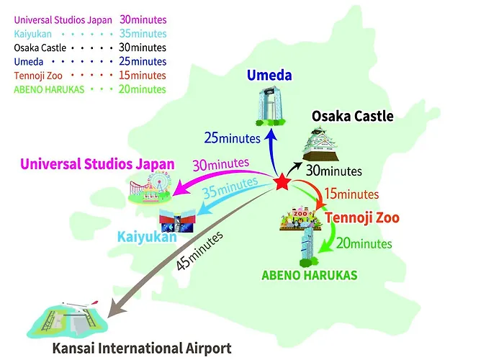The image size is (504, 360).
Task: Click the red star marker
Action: coord(282,182)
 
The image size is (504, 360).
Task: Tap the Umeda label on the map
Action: coord(269,75)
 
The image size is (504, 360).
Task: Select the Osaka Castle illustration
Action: coord(320,144)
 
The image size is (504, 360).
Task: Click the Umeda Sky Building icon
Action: coord(271,106)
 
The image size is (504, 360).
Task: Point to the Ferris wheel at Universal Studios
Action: coord(159,181)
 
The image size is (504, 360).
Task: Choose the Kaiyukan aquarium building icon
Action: coord(177,221)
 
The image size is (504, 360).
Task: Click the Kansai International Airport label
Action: coord(142,348)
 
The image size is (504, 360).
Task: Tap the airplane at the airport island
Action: coord(81,305)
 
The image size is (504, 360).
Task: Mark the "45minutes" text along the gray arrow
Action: coord(199,251)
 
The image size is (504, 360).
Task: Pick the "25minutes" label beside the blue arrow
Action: coord(232,138)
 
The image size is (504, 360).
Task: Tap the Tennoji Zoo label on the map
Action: coord(362,217)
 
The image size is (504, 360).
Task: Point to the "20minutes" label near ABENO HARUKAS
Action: coord(364,243)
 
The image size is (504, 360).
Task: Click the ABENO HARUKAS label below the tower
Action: coord(310,276)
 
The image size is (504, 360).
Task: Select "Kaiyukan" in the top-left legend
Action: coord(33,34)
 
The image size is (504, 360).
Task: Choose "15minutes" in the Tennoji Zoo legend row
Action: coord(143,76)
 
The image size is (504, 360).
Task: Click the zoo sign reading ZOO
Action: coord(300,213)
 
